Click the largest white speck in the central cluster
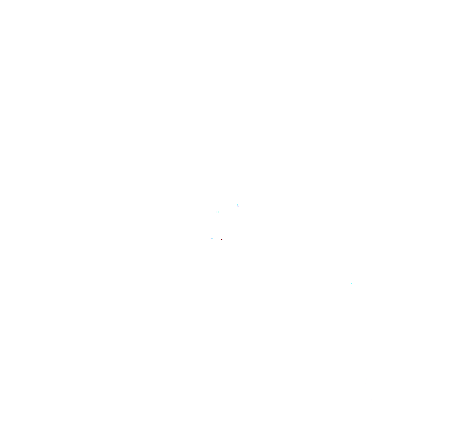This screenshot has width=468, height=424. (238, 205)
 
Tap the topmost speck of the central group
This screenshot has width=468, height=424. (238, 205)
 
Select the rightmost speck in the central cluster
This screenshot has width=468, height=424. (238, 205)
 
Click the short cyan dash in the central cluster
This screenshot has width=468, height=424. (218, 212)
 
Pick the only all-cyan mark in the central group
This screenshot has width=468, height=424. (218, 212)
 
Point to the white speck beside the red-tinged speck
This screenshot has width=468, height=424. (212, 238)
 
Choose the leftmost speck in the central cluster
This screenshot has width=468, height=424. (212, 238)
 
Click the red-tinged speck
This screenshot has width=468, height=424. (222, 239)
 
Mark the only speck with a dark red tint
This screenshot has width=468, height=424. (222, 239)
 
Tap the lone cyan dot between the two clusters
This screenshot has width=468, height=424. (351, 283)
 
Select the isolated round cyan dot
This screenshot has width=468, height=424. (351, 283)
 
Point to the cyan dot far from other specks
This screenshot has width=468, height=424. (351, 283)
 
